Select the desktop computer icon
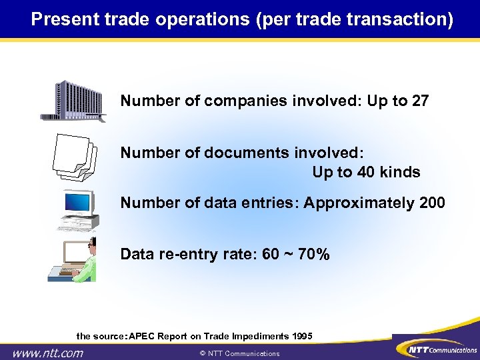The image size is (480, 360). click(77, 209)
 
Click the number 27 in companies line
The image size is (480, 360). click(419, 101)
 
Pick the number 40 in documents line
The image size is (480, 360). click(361, 172)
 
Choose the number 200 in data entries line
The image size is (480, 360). click(431, 203)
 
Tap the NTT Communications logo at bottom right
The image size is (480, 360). click(437, 349)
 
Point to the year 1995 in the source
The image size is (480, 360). click(301, 335)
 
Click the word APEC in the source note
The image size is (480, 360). click(141, 335)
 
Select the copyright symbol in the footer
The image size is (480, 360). click(203, 353)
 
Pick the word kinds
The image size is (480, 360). click(398, 172)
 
